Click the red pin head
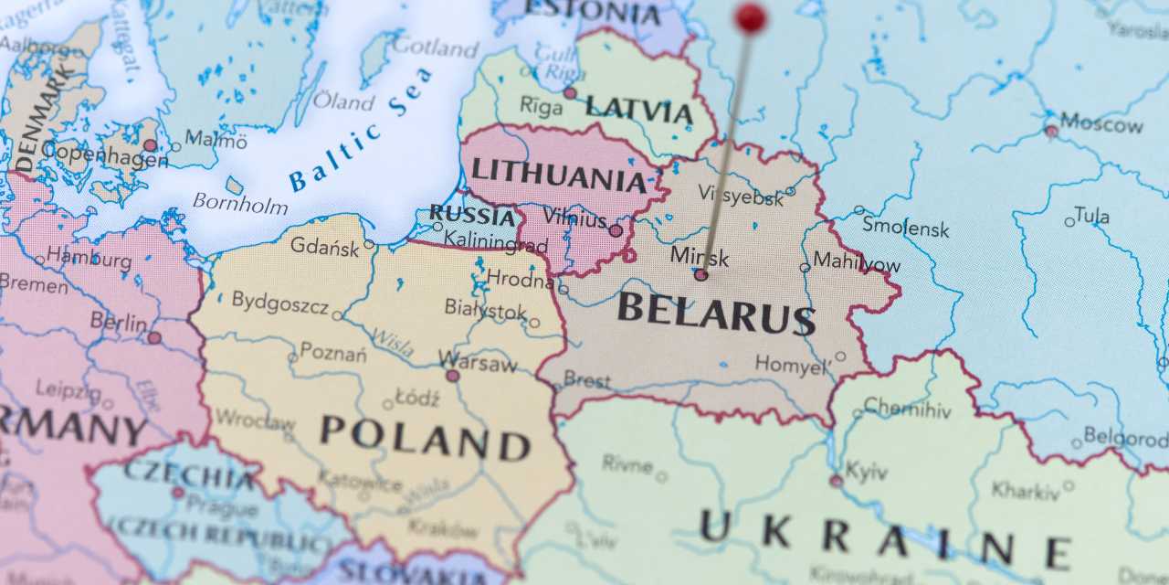coord(751,17)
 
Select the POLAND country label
coord(425,437)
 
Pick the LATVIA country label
coord(638,110)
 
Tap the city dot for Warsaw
coord(452,376)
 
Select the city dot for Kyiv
coord(836,481)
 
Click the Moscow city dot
coord(1051,132)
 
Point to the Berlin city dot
coord(154,338)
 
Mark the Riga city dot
coord(570,93)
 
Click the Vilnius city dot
coord(616,230)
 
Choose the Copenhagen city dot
coord(150,145)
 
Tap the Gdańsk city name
coord(325,246)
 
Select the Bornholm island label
coord(240,203)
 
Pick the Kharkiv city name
coord(1026,491)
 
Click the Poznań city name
coord(333,352)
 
